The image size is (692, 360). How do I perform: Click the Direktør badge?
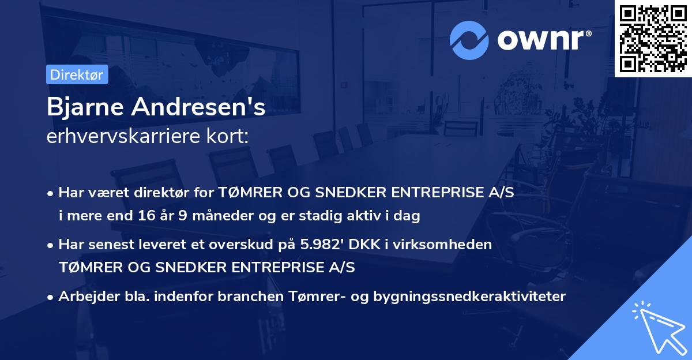tap(77, 74)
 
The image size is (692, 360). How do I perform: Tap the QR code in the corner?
tap(653, 38)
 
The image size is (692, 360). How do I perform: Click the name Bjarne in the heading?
tap(82, 107)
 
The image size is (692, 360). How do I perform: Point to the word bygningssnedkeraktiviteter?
tap(470, 297)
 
